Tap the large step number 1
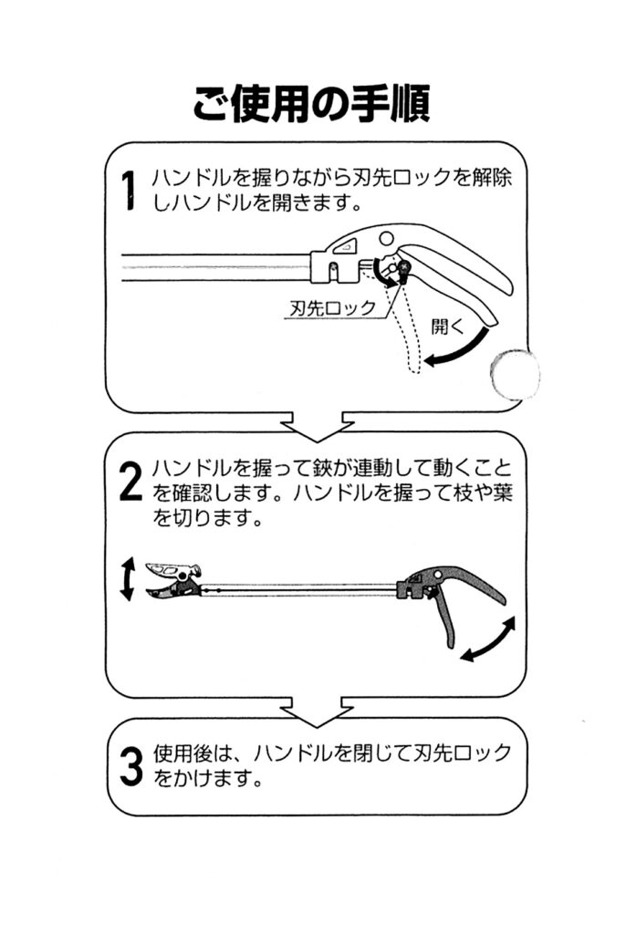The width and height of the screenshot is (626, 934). [x=130, y=192]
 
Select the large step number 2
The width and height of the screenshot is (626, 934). [x=130, y=483]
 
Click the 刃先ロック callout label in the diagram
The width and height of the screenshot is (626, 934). [x=332, y=307]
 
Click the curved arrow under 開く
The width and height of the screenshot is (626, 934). [x=456, y=350]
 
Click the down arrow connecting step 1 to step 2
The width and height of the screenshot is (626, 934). [x=314, y=425]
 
